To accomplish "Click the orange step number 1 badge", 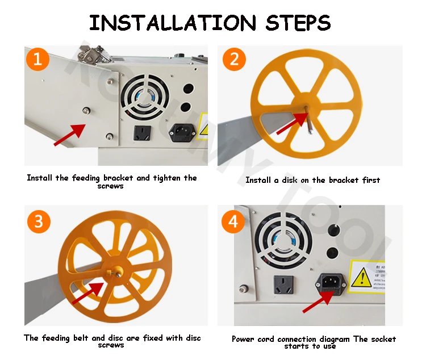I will pyautogui.click(x=37, y=59).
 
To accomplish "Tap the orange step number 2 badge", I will pyautogui.click(x=233, y=60).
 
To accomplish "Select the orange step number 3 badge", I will pyautogui.click(x=38, y=221).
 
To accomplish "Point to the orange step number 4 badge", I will pyautogui.click(x=233, y=221).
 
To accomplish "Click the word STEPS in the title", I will pyautogui.click(x=298, y=23).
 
